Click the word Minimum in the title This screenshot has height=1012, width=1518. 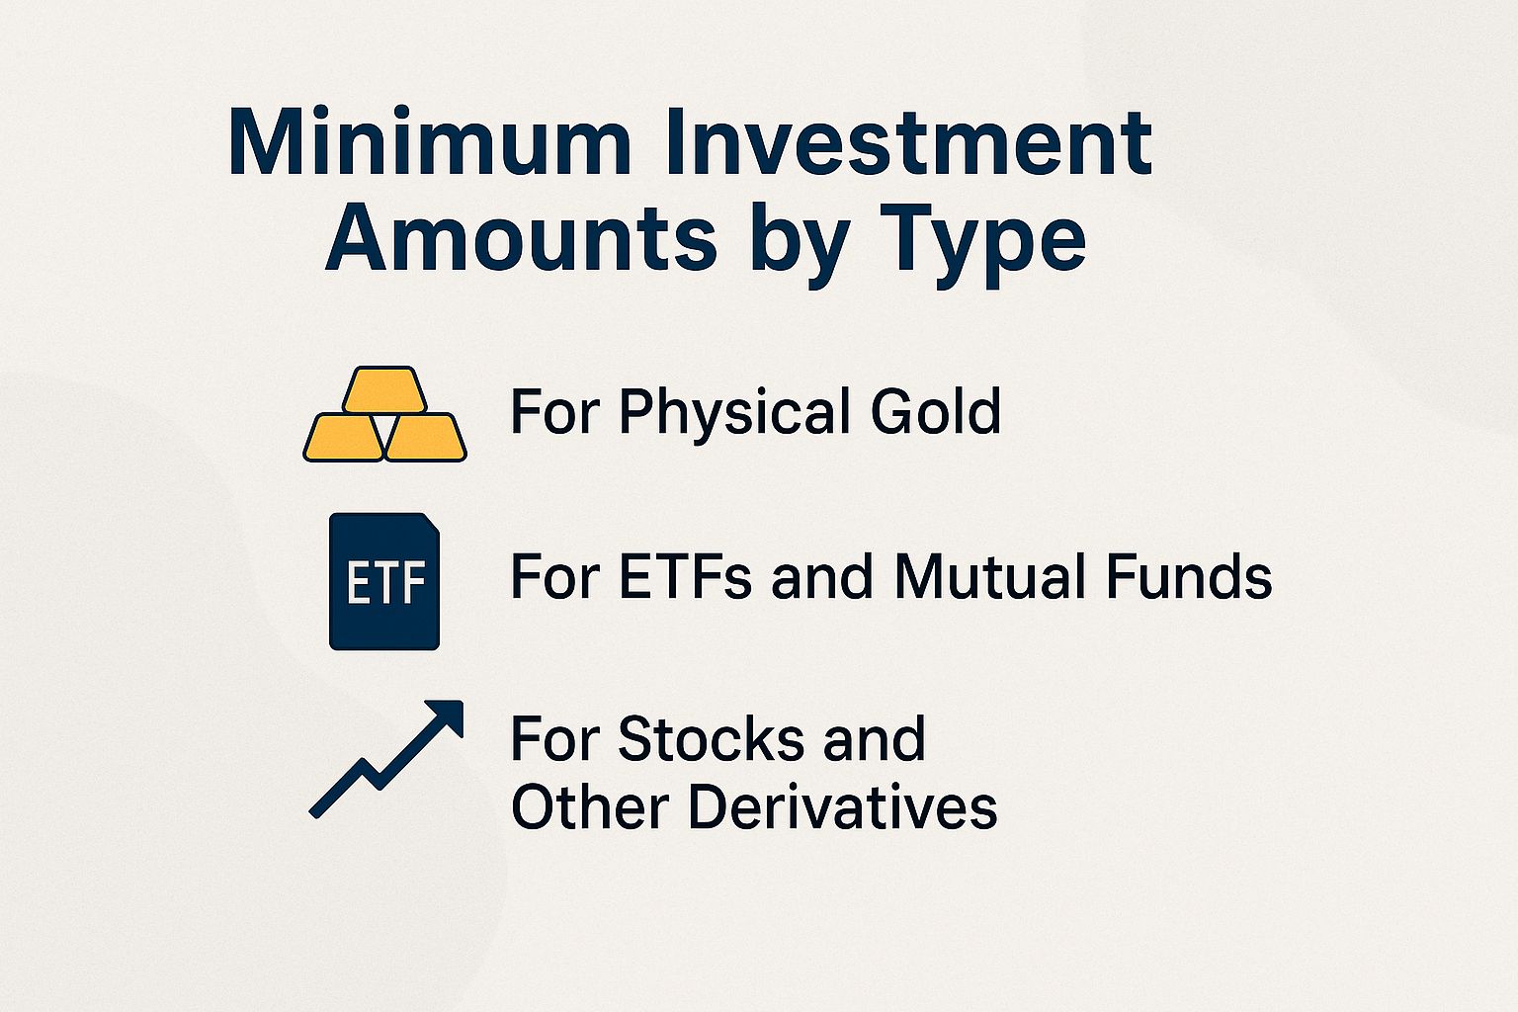pyautogui.click(x=430, y=143)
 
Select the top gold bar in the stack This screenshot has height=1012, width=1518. pyautogui.click(x=385, y=390)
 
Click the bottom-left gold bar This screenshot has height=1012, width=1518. pyautogui.click(x=343, y=438)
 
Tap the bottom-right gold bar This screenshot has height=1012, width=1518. pyautogui.click(x=426, y=438)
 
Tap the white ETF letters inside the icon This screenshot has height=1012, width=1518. pyautogui.click(x=385, y=582)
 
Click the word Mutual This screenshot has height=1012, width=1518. pyautogui.click(x=989, y=576)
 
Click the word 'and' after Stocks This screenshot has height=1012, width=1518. pyautogui.click(x=874, y=739)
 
